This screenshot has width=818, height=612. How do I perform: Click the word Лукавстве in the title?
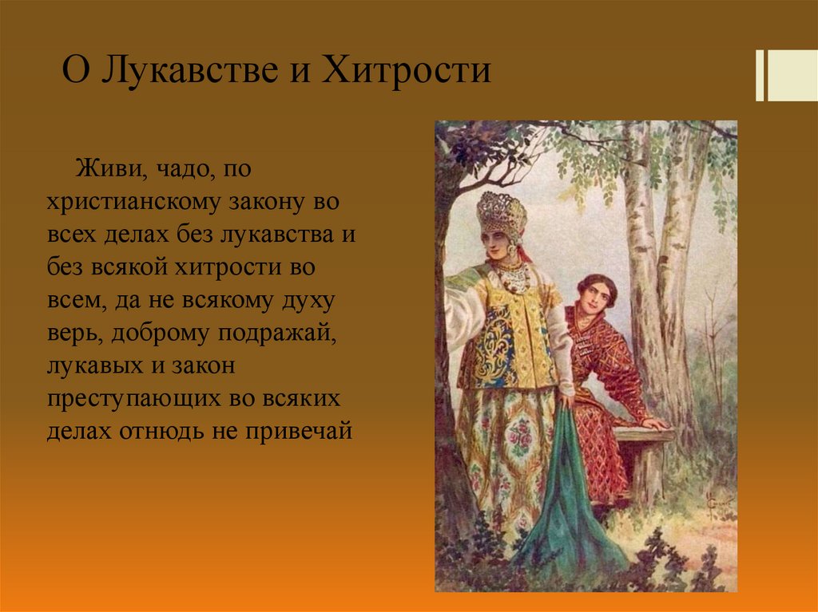coord(189,70)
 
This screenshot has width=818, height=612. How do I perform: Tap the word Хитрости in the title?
coord(407,69)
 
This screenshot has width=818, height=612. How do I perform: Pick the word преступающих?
coord(134,400)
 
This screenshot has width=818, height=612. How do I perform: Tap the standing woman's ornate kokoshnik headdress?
coord(502,214)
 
